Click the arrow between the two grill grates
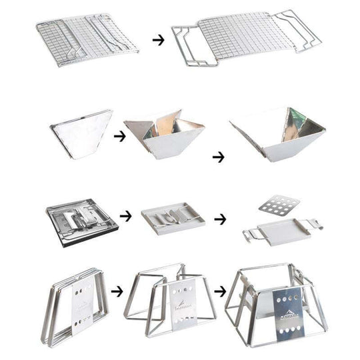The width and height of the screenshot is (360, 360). click(x=158, y=40)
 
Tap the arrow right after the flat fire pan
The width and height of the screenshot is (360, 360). click(x=119, y=137)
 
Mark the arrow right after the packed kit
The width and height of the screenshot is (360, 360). click(x=125, y=217)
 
